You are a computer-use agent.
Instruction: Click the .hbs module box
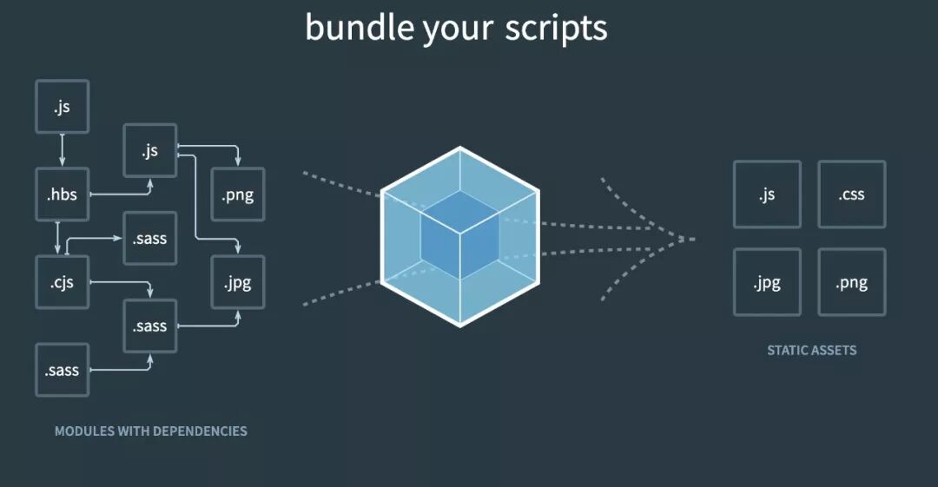(x=62, y=194)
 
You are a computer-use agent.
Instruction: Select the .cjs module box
(x=62, y=282)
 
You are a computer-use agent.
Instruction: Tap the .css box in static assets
(x=851, y=194)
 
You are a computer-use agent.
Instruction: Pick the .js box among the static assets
(x=766, y=194)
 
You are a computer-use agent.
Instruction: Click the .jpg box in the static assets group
(x=766, y=282)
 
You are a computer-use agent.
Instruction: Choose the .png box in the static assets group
(x=851, y=282)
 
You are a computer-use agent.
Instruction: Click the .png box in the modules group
(x=238, y=194)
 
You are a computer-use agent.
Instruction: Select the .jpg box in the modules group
(x=238, y=282)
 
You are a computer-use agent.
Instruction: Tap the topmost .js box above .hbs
(x=62, y=107)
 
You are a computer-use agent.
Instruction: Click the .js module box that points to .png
(x=150, y=150)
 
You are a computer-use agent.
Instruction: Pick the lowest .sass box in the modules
(x=62, y=370)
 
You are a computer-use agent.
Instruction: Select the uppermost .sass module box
(x=150, y=239)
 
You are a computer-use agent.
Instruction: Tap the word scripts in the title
(x=557, y=28)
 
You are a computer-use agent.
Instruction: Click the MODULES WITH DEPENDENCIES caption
(x=150, y=431)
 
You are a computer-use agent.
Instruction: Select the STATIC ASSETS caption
(x=811, y=351)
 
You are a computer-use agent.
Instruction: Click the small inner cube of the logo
(x=460, y=234)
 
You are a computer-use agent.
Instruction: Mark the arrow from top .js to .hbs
(x=62, y=150)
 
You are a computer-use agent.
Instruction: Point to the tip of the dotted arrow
(x=693, y=238)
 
